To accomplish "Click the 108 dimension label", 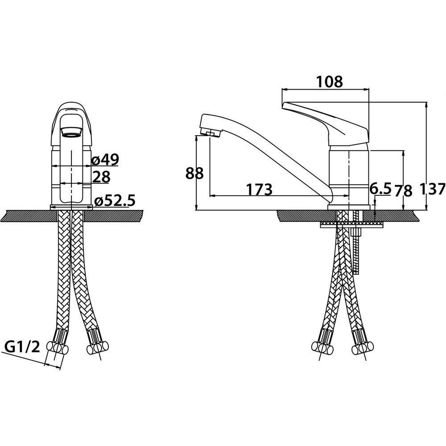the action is tap(330, 82).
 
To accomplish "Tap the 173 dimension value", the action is tap(259, 190).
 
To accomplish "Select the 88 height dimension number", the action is tap(194, 173).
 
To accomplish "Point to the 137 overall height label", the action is tap(432, 189).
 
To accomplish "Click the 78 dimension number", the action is tap(403, 191).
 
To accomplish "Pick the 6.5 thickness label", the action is tap(380, 188).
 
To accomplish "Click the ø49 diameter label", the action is tap(105, 160).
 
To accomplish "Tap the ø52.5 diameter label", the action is tap(114, 201).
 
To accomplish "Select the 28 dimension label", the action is tap(101, 177).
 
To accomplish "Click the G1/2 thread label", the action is tap(22, 347).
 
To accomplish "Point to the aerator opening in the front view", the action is tap(71, 132).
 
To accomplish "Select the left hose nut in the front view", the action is tap(58, 347).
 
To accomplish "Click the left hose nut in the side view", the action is tap(322, 347).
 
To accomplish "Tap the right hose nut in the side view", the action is tap(363, 348).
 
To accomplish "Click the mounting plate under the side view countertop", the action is tap(351, 225).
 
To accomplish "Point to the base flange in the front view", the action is tap(71, 207).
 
